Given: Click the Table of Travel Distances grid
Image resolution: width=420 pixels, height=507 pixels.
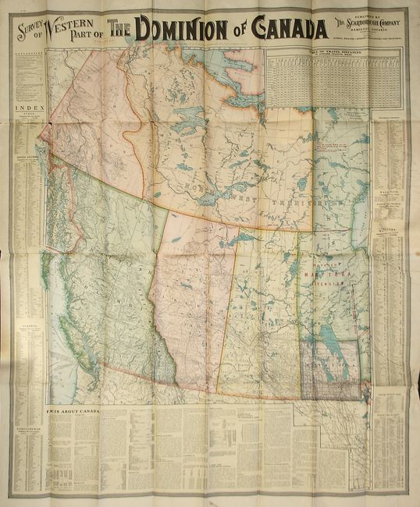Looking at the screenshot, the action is tap(317, 79).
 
